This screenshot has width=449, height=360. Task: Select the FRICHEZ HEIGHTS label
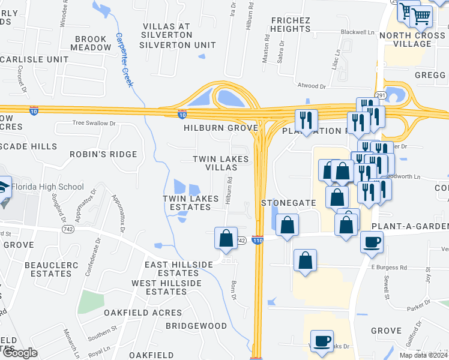pyautogui.click(x=290, y=25)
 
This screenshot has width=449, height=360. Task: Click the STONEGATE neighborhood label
pyautogui.click(x=289, y=203)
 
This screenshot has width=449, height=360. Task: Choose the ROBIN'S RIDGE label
pyautogui.click(x=103, y=154)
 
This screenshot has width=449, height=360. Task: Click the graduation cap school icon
pyautogui.click(x=3, y=187)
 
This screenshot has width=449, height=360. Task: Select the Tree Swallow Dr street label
pyautogui.click(x=93, y=123)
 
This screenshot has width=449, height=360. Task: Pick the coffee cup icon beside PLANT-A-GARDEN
pyautogui.click(x=372, y=242)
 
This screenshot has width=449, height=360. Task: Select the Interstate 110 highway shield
pyautogui.click(x=258, y=240)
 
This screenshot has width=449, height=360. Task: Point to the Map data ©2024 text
pyautogui.click(x=423, y=355)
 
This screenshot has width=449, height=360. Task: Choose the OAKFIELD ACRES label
pyautogui.click(x=142, y=313)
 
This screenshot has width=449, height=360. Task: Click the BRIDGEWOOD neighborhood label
pyautogui.click(x=196, y=326)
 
